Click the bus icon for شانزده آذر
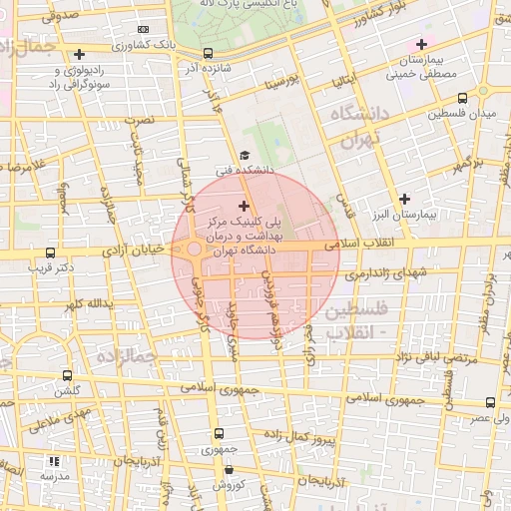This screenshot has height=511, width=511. point(207,53)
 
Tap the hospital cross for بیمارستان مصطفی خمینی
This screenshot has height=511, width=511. point(421,44)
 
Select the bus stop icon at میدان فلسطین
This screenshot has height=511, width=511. point(462,98)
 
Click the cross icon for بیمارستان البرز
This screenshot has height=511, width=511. point(404,199)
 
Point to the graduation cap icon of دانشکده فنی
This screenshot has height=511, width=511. point(244,157)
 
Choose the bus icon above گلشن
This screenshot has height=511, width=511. point(66,376)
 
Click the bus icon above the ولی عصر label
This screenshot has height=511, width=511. point(490,402)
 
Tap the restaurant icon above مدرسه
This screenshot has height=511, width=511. point(54,461)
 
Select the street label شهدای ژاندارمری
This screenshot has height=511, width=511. point(369,272)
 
